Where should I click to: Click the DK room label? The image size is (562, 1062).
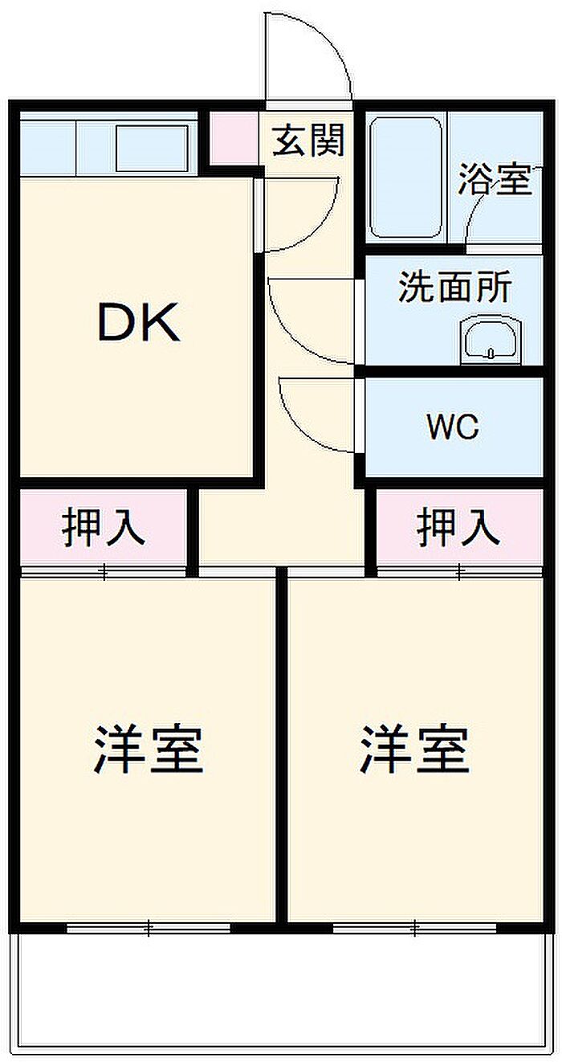(x=139, y=322)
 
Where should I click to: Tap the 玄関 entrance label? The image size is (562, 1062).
(x=308, y=140)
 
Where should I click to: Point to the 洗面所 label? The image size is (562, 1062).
(x=454, y=287)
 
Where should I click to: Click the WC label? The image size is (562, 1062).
(x=453, y=427)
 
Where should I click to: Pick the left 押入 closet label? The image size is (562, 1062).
(x=104, y=527)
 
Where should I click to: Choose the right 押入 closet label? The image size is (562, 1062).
(x=458, y=527)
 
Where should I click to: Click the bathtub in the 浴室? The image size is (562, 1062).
(x=406, y=178)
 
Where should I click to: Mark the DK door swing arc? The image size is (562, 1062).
(x=327, y=223)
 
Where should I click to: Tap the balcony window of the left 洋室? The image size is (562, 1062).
(x=149, y=927)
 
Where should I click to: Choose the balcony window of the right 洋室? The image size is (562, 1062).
(x=414, y=927)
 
